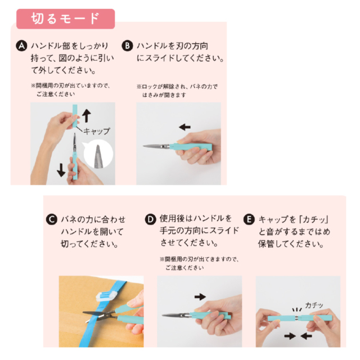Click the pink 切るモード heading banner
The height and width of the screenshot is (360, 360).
(x=65, y=19)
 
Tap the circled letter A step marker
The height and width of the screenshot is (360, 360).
(x=21, y=46)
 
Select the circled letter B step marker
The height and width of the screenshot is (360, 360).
(x=127, y=46)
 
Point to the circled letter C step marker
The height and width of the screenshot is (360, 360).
(x=52, y=219)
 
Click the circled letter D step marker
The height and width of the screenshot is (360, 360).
(x=150, y=219)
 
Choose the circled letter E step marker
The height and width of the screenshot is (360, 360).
(x=249, y=219)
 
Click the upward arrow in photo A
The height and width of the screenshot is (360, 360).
(x=86, y=116)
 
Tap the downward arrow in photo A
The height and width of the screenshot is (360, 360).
(x=61, y=170)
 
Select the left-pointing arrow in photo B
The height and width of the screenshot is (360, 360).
(x=185, y=127)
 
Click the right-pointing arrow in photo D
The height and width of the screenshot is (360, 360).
(x=200, y=296)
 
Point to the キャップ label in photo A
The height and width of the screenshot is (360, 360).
(x=96, y=131)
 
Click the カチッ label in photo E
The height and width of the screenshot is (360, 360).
(x=314, y=305)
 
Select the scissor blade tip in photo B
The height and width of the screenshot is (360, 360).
(x=143, y=146)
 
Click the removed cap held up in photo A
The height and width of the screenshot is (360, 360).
(x=75, y=116)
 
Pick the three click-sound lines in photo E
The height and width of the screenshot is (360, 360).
(x=297, y=310)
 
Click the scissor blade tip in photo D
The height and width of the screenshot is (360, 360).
(x=163, y=315)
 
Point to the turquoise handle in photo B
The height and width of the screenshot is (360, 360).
(x=191, y=147)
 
